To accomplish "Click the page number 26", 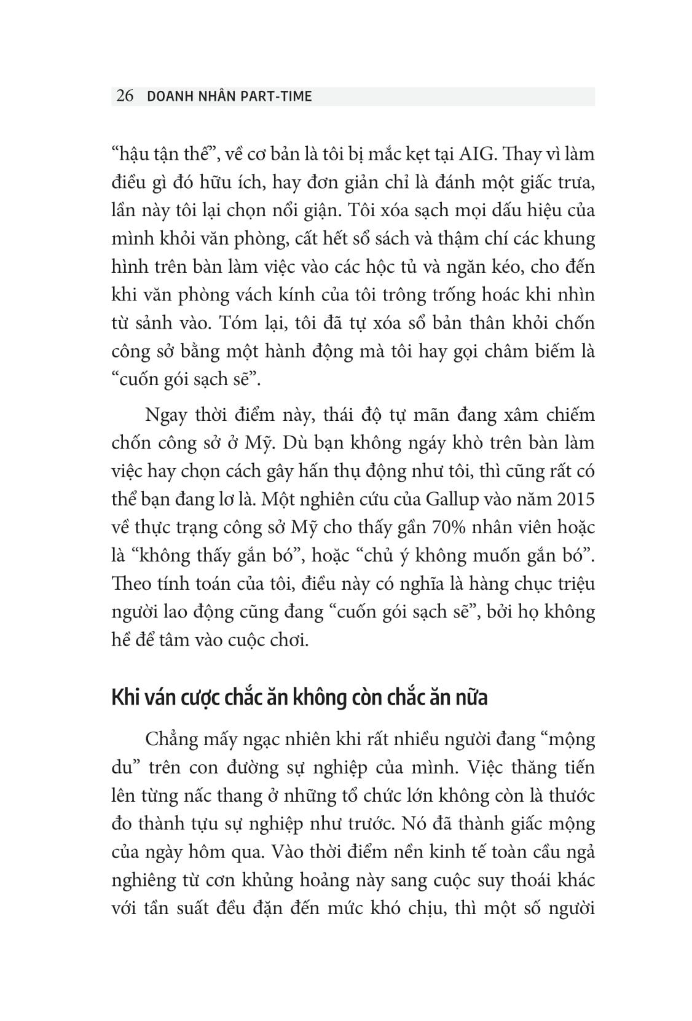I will coord(125,96).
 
